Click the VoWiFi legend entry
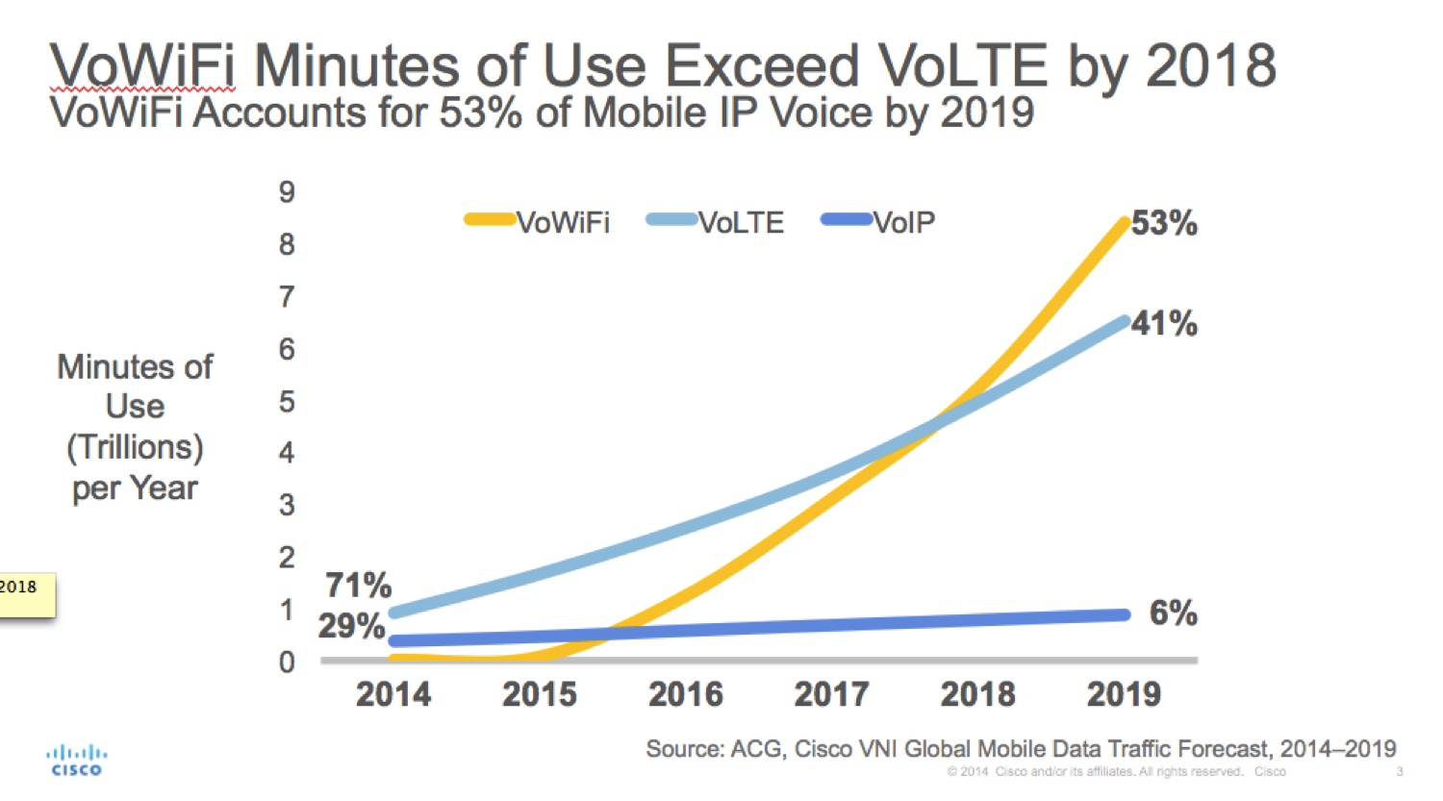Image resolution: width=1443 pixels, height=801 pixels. pyautogui.click(x=537, y=222)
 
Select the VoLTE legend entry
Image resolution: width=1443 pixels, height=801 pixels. pyautogui.click(x=715, y=222)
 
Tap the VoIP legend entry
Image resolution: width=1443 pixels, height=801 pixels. pyautogui.click(x=877, y=222)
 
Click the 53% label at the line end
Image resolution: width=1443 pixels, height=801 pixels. pyautogui.click(x=1164, y=223)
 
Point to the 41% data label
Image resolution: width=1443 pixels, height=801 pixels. pyautogui.click(x=1164, y=323)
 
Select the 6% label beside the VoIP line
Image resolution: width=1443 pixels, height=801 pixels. pyautogui.click(x=1173, y=613)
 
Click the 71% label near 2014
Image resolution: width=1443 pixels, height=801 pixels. pyautogui.click(x=358, y=586)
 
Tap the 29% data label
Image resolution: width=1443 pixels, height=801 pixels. pyautogui.click(x=351, y=626)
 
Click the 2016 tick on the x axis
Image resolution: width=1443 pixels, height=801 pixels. pyautogui.click(x=685, y=695)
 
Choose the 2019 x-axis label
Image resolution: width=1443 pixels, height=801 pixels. pyautogui.click(x=1124, y=695)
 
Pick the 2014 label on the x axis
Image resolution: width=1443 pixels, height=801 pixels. pyautogui.click(x=392, y=695)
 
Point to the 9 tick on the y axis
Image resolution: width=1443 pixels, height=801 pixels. pyautogui.click(x=287, y=192)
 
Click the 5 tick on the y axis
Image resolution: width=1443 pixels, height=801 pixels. pyautogui.click(x=287, y=402)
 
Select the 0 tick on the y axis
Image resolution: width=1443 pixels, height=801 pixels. pyautogui.click(x=287, y=662)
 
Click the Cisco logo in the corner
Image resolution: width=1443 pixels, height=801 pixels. pyautogui.click(x=77, y=761)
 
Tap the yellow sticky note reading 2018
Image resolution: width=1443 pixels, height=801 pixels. pyautogui.click(x=26, y=595)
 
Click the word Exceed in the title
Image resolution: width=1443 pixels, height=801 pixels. pyautogui.click(x=762, y=65)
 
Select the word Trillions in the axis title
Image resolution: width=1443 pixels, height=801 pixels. pyautogui.click(x=135, y=447)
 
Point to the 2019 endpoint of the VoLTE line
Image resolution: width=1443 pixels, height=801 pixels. pyautogui.click(x=1124, y=322)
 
